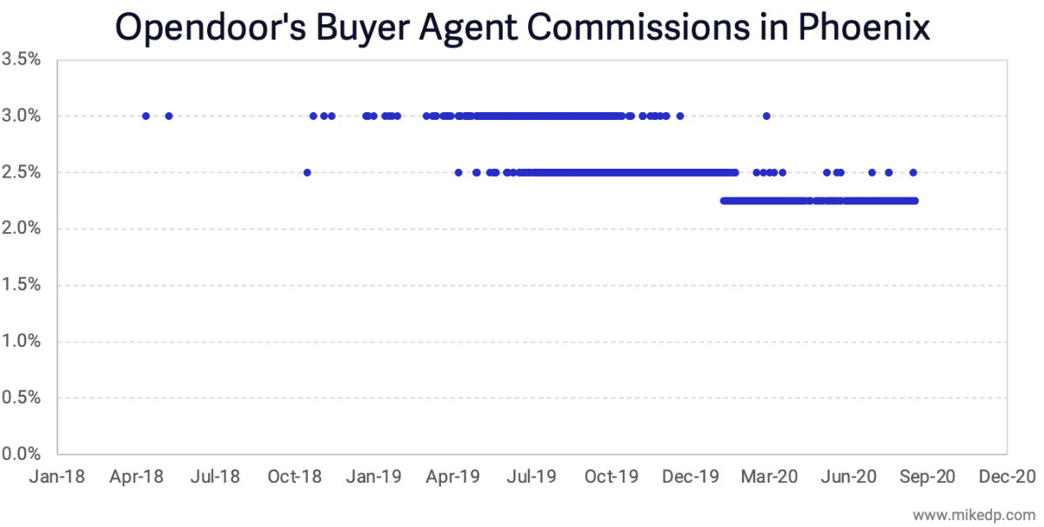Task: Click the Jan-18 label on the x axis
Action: pos(57,477)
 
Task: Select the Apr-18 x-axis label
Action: pos(137,477)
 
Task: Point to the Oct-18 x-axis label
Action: pos(295,477)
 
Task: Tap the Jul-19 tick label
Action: pos(532,477)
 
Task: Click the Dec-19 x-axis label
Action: pos(690,477)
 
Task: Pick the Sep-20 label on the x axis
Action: pos(927,477)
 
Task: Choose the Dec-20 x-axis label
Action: pos(1007,477)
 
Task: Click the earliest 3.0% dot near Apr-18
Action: pos(145,116)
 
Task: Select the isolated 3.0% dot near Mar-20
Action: pos(766,116)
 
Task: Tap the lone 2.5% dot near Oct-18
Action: pos(307,172)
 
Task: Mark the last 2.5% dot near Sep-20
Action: pos(913,172)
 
